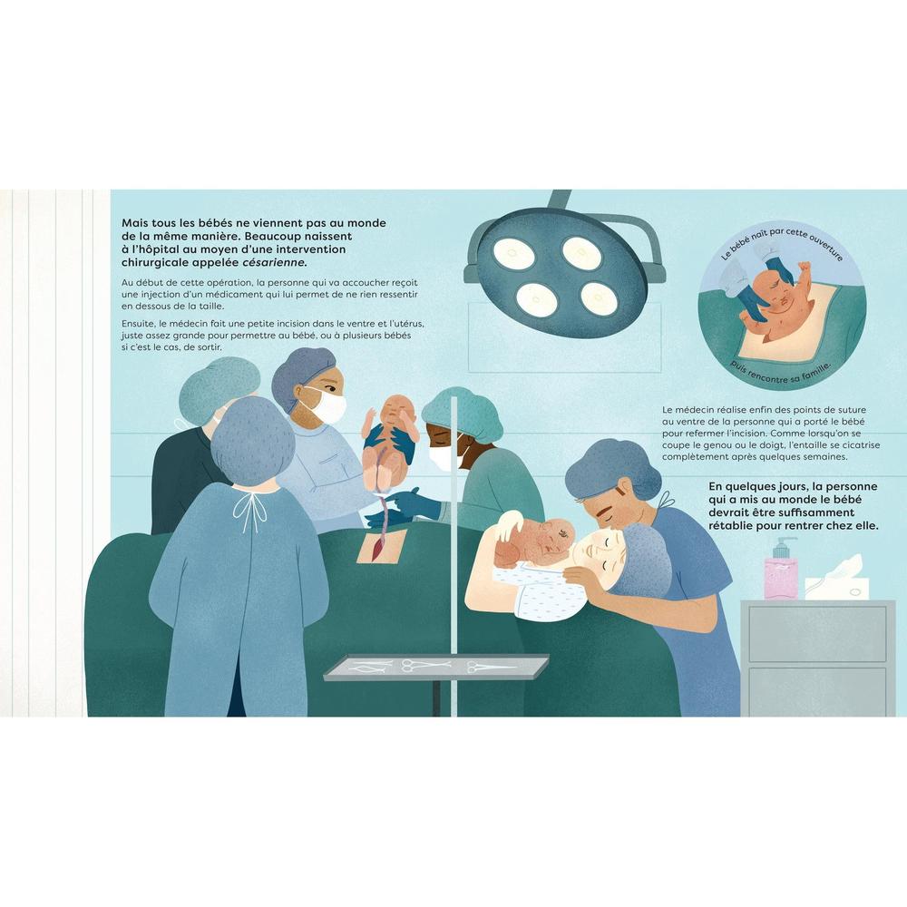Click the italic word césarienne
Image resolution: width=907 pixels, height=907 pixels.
274,263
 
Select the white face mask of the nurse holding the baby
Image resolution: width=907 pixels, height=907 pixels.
328,406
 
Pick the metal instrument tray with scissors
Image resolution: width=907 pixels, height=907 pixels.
436,666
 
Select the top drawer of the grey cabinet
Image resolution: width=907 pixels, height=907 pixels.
817,634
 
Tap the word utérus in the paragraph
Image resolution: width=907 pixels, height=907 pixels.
407,324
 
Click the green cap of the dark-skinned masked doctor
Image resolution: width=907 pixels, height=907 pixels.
460,411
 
